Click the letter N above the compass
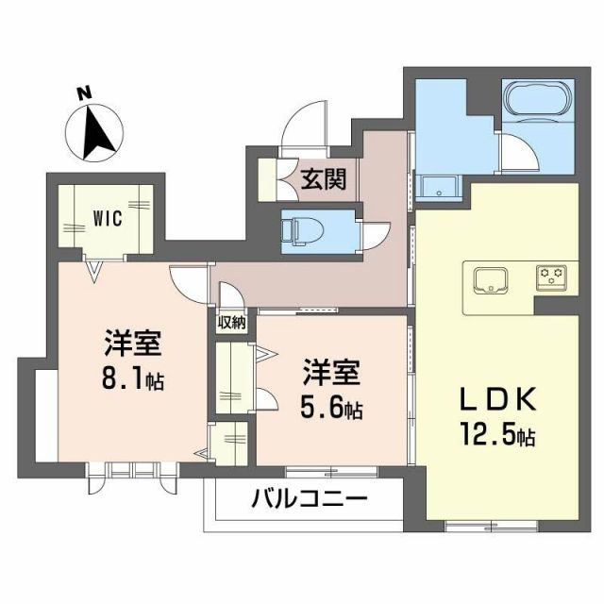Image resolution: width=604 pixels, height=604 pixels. tap(84, 92)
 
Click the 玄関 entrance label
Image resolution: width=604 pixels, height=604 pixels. tap(323, 178)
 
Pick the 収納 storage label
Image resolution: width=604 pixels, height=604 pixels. tap(231, 322)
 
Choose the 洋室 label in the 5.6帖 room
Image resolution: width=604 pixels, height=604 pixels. tap(330, 374)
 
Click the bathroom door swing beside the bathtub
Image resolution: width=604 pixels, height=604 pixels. tap(514, 151)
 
